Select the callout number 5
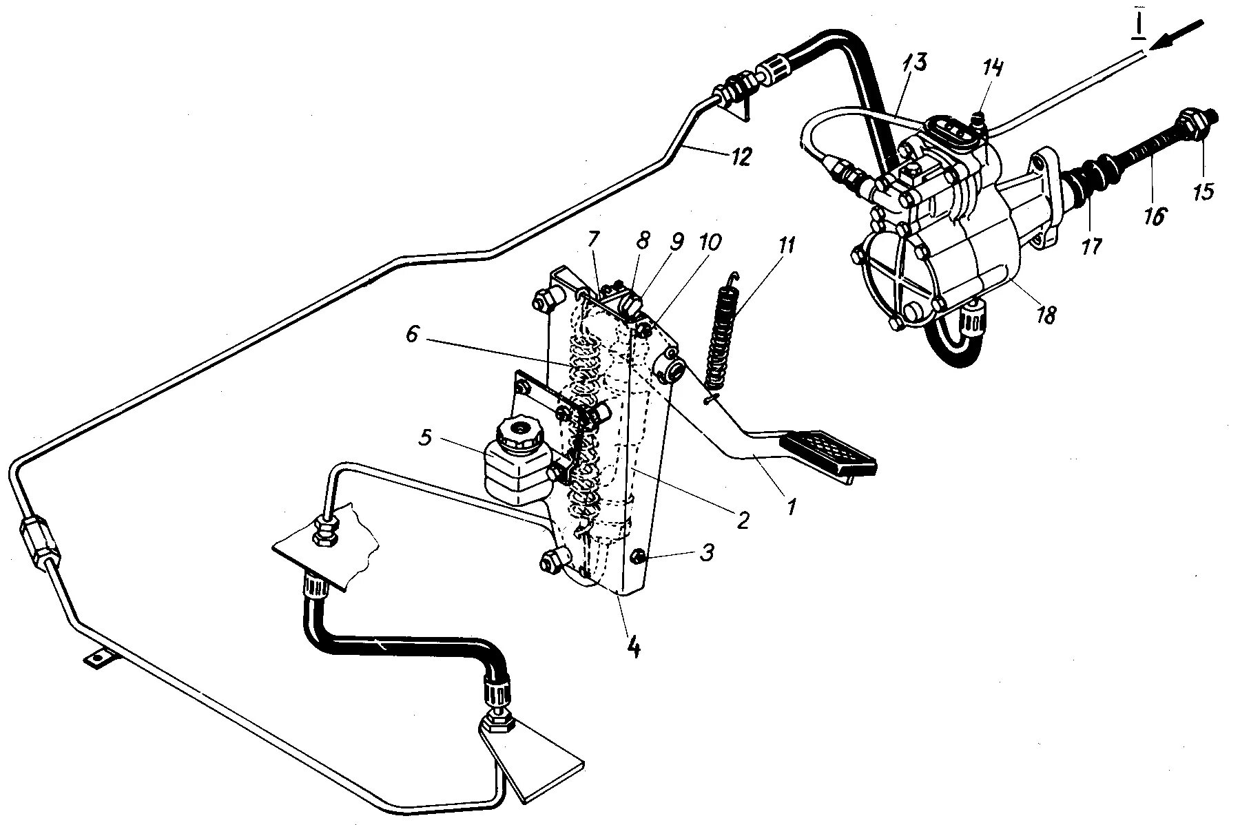click(425, 437)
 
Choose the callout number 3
click(707, 552)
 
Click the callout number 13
click(916, 63)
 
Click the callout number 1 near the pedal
click(790, 508)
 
